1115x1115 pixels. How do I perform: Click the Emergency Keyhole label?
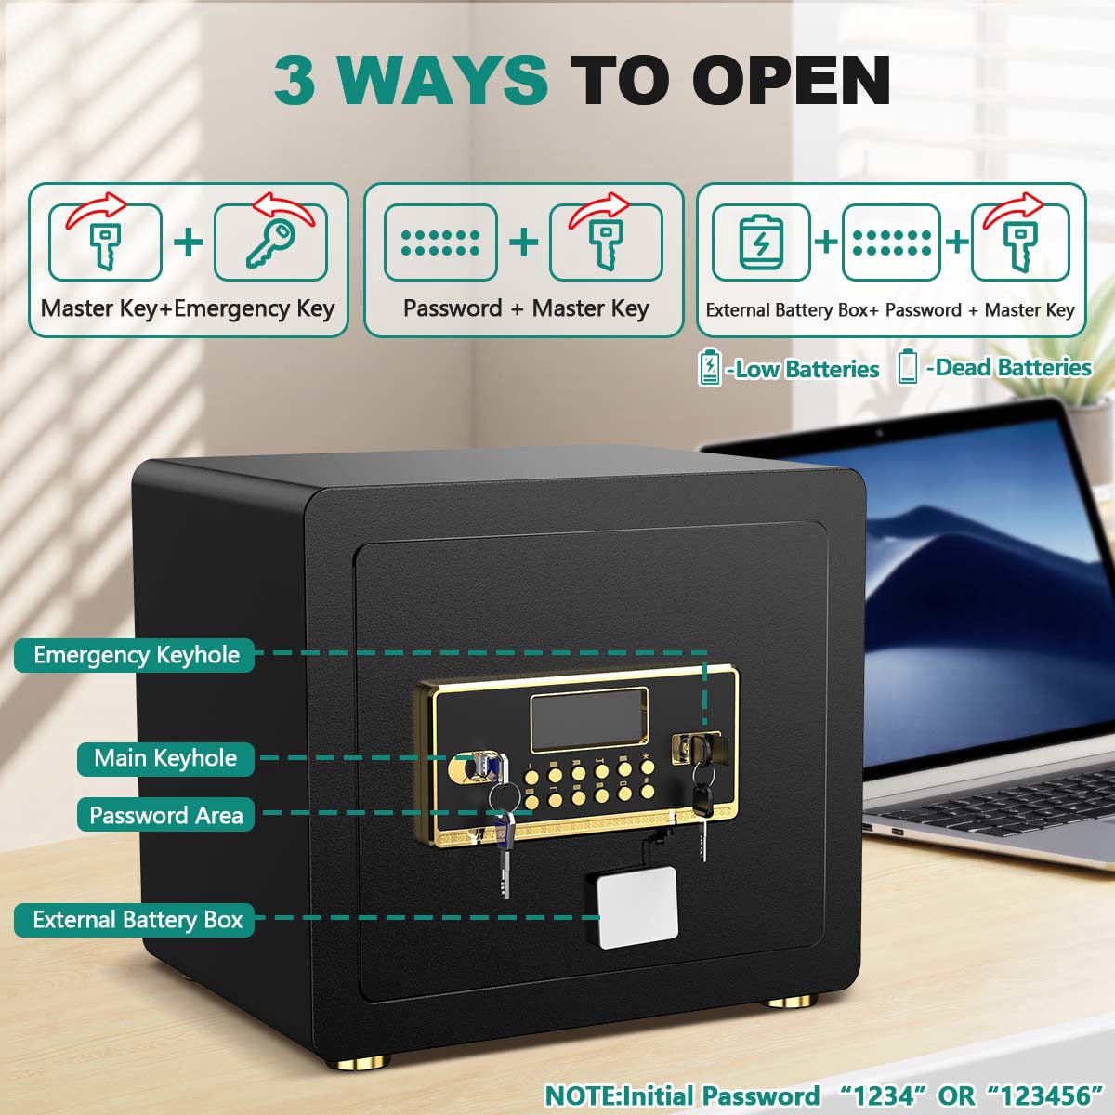click(134, 655)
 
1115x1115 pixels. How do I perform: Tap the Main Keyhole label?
click(165, 758)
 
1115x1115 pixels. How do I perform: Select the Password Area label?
click(165, 815)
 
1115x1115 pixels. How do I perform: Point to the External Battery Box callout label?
click(134, 920)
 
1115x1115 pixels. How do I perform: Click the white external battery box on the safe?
click(638, 907)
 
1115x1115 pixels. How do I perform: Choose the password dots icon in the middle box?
click(441, 243)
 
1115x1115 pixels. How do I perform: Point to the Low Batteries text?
click(803, 369)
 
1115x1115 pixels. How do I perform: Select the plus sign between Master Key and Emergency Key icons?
click(188, 242)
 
